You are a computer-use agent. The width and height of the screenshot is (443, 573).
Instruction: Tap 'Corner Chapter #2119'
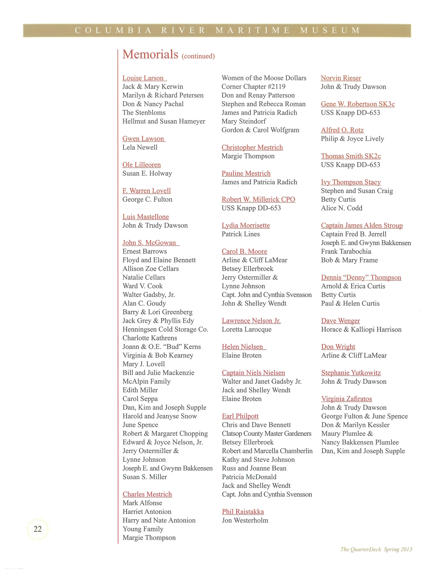click(253, 87)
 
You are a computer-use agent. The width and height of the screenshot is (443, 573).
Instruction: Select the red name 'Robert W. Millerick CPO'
click(258, 199)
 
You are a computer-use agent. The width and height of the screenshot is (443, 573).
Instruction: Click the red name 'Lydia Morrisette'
click(246, 225)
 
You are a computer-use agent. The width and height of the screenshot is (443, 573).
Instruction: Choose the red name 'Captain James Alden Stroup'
click(362, 225)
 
